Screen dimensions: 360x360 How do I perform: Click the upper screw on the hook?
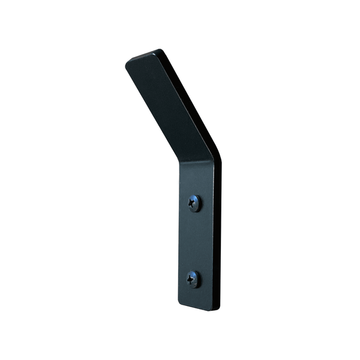(194, 203)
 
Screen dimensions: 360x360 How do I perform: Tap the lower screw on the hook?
(193, 279)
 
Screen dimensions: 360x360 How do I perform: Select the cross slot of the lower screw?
(192, 279)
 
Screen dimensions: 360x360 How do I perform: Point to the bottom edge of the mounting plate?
(198, 308)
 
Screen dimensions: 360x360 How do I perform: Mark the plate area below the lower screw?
(195, 296)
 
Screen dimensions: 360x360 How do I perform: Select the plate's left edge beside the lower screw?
(179, 279)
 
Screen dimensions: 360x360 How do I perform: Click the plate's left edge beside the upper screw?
(181, 203)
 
